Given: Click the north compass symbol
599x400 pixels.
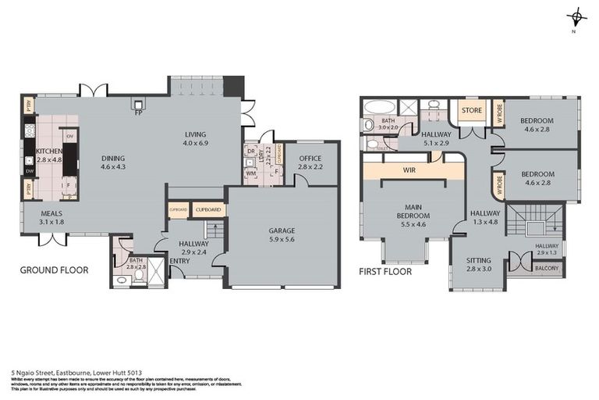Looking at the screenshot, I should (576, 17).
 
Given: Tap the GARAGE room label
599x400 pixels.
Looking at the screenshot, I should (281, 231).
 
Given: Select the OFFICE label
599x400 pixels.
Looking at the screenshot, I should (310, 159).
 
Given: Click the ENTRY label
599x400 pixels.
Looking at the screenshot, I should (179, 261).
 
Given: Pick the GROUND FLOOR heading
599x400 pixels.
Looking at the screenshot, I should (55, 270).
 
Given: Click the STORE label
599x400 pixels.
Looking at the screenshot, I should (471, 110).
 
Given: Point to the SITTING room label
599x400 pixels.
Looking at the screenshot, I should (479, 260).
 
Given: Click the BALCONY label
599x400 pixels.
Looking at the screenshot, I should (546, 267).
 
